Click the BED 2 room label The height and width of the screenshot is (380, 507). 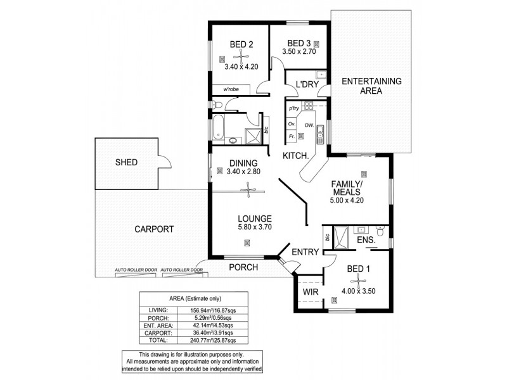(x=241, y=44)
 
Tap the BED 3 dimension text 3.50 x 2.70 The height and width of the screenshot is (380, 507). (x=298, y=53)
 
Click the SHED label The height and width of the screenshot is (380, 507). (x=126, y=163)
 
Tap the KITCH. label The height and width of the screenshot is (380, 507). (x=296, y=155)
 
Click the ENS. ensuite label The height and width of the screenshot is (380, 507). (x=366, y=241)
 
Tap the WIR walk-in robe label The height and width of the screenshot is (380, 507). (x=310, y=292)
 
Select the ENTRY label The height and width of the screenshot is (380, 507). (x=305, y=252)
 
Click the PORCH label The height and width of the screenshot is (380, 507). (x=243, y=267)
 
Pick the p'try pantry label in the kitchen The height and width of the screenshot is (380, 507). (x=293, y=109)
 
